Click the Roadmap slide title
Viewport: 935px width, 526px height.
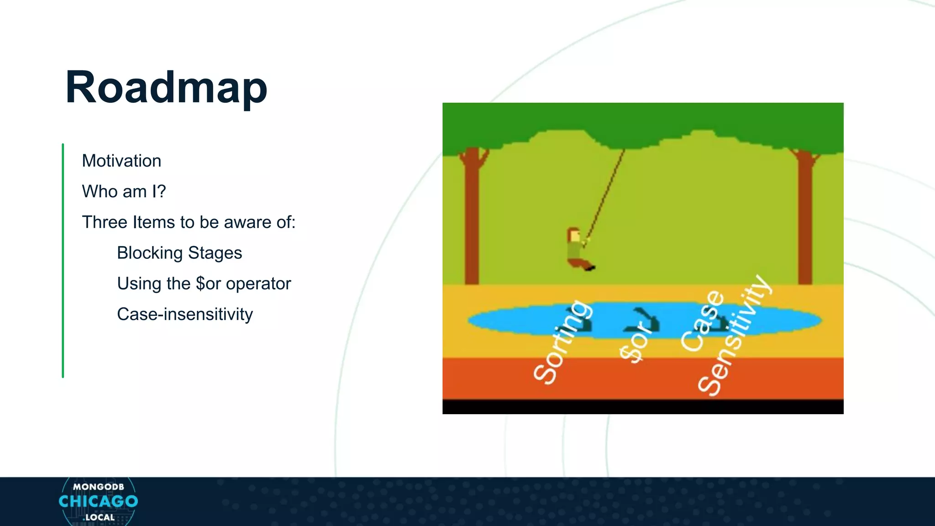tap(166, 88)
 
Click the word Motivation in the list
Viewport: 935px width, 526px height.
tap(121, 161)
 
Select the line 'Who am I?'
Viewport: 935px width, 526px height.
tap(124, 191)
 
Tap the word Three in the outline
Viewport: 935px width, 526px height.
tap(105, 222)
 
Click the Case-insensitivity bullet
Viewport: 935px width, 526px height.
tap(184, 314)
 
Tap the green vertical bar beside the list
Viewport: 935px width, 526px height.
tap(63, 260)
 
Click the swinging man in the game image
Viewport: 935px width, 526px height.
tap(578, 249)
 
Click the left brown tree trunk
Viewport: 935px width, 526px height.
tap(472, 219)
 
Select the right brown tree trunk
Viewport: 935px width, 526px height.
tap(805, 219)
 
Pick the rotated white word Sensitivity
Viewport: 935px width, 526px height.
tap(734, 336)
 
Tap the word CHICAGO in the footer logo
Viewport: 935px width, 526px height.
tap(98, 501)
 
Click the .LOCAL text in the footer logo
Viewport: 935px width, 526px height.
tap(99, 517)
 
